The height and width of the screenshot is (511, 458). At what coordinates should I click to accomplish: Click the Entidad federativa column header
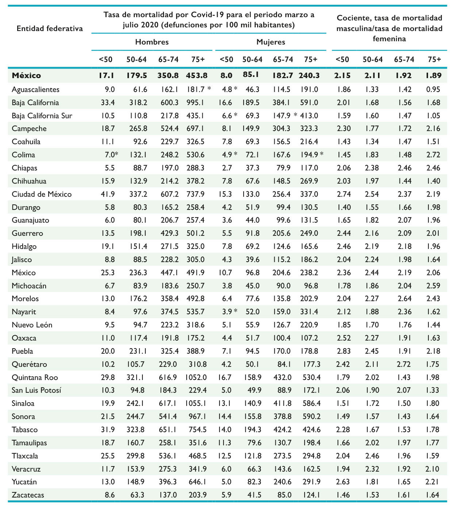pos(50,28)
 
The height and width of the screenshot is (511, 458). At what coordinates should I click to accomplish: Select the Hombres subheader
pos(152,42)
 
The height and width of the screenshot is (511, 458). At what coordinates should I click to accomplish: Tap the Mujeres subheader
pos(271,42)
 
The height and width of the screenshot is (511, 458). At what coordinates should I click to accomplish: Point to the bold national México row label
pos(26,76)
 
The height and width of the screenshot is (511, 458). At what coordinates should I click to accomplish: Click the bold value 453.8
pos(197,76)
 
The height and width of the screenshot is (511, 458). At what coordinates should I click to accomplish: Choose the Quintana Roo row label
pos(35,377)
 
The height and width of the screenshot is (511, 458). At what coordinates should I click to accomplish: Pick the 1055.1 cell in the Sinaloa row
pos(195,403)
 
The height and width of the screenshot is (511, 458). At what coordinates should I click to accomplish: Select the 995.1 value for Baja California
pos(195,103)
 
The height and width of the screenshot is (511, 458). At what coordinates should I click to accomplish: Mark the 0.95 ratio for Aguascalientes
pos(433,89)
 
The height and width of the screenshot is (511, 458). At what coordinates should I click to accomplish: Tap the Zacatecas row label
pos(28,495)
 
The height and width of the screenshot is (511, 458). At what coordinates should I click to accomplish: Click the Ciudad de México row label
pos(42,194)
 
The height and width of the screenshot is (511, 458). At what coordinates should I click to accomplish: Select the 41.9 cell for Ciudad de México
pos(108,194)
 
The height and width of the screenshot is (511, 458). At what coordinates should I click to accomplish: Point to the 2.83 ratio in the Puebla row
pos(343,351)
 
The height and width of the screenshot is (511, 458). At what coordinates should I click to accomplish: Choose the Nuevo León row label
pos(32,325)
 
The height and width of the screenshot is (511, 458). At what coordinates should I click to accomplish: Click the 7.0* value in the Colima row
pos(111,155)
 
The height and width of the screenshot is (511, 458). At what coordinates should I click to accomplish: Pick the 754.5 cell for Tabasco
pos(198,430)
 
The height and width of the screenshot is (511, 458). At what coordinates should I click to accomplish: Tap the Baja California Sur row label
pos(42,116)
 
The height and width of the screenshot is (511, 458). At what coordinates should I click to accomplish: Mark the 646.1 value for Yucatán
pos(198,482)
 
